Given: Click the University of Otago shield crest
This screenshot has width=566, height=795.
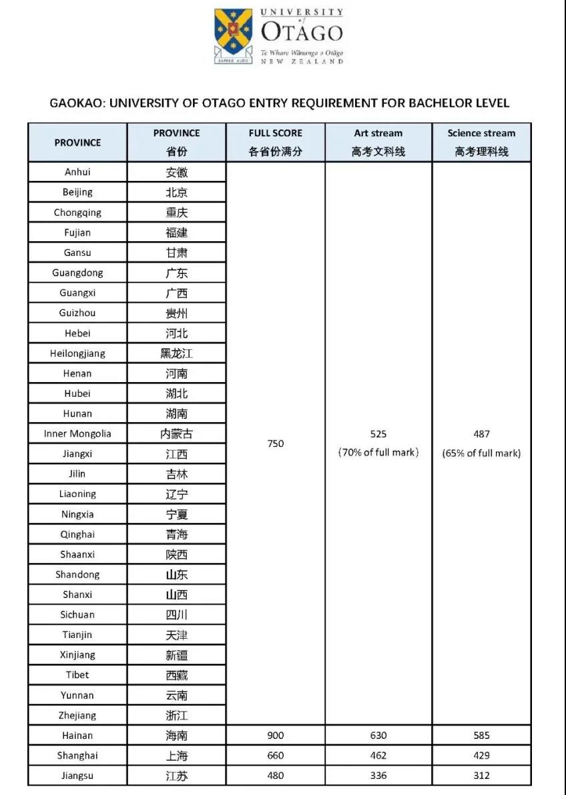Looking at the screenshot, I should [234, 35].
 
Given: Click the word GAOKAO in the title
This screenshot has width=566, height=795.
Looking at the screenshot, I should [77, 103].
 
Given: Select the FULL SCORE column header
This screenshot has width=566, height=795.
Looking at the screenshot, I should [276, 142].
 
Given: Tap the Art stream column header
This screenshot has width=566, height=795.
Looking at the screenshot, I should [378, 142].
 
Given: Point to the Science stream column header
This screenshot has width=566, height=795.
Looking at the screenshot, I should [481, 142].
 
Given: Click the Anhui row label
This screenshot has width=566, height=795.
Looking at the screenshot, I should [77, 172].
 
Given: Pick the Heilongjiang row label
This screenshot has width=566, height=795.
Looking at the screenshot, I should [77, 353].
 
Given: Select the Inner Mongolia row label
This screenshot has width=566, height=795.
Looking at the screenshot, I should [77, 434].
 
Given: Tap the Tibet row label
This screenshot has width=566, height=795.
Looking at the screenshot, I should [77, 675].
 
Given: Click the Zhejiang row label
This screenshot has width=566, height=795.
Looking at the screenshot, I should [77, 715].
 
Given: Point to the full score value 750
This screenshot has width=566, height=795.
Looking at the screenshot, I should [276, 444].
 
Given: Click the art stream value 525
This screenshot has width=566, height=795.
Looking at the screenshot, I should [378, 434].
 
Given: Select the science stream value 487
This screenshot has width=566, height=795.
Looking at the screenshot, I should [481, 434].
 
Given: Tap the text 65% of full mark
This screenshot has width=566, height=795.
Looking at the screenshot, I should [481, 453].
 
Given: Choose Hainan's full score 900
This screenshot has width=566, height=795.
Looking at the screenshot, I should [276, 736].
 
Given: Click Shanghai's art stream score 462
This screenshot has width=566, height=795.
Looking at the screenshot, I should [378, 756].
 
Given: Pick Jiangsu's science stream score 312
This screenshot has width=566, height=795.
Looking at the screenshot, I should [481, 776].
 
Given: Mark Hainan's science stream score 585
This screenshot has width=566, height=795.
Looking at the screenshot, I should [481, 736].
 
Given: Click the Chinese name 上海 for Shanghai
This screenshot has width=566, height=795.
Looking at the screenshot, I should [177, 756].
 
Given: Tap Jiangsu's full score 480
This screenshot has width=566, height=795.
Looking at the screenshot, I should [276, 776].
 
